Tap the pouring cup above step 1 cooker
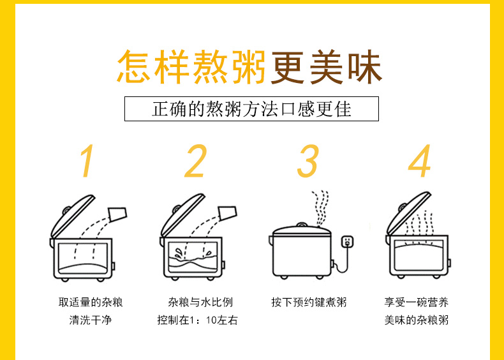pyautogui.click(x=117, y=214)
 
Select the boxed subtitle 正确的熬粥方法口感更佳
pyautogui.click(x=251, y=109)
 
